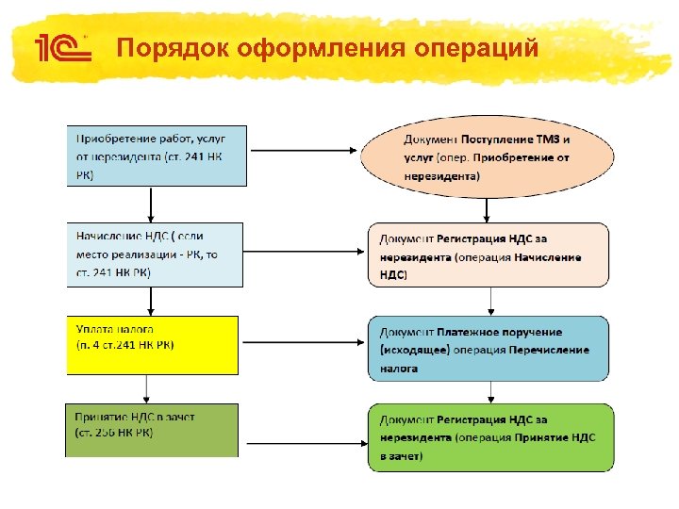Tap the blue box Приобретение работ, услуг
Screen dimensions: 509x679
coord(157,156)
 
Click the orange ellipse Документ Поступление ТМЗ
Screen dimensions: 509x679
coord(487,156)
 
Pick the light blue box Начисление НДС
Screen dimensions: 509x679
coord(154,254)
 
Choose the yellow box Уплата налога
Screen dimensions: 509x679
coord(152,345)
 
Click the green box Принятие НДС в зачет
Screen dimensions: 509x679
coord(152,430)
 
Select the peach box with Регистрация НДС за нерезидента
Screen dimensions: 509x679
coord(488,254)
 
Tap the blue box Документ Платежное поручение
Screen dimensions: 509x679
coord(488,349)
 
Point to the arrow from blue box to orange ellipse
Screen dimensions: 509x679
coord(302,151)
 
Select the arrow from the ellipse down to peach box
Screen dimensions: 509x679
coord(488,209)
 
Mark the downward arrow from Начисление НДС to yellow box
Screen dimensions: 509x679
coord(152,301)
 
